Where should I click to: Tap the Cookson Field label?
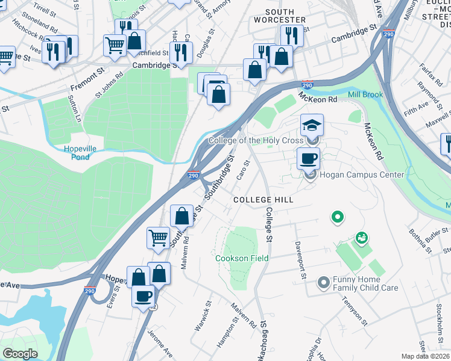242,258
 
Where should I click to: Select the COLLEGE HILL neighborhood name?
263,200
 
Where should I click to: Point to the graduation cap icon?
312,126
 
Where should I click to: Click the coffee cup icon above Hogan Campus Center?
308,159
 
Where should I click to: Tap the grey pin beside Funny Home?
324,281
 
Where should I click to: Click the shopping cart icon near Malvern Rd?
158,238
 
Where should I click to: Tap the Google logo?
20,354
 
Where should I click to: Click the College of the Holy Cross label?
255,141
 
